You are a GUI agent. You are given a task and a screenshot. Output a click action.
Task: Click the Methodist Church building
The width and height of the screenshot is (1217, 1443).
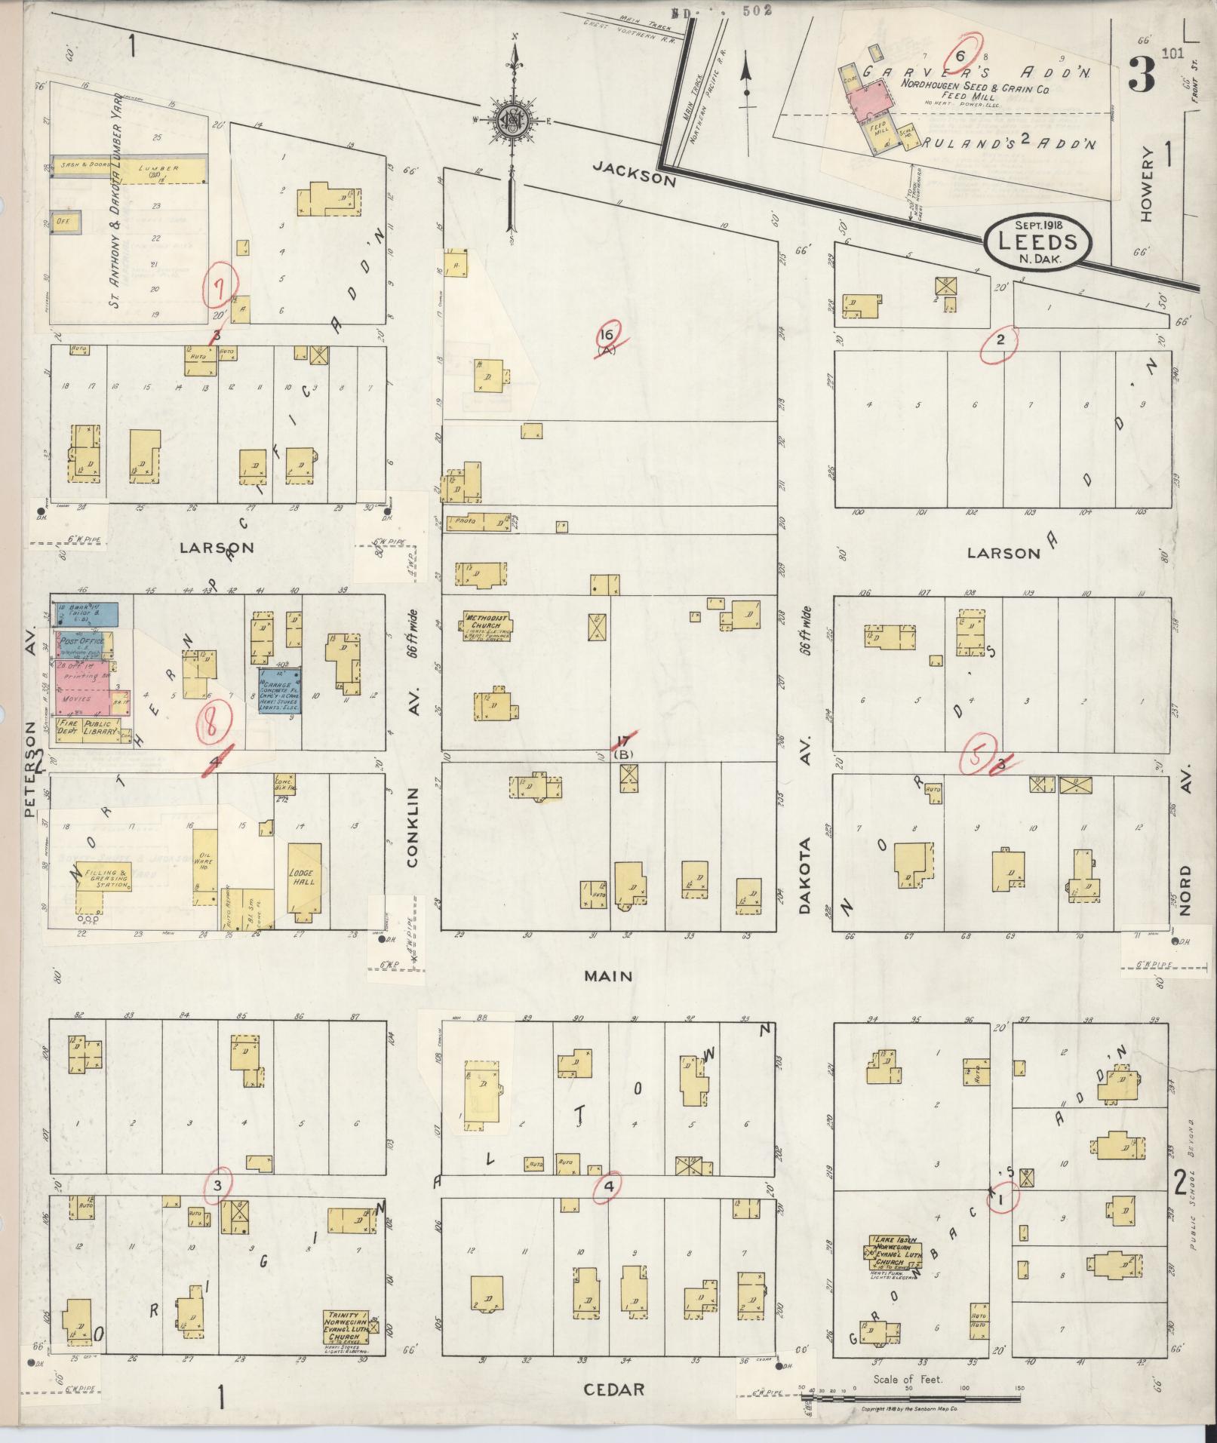[x=486, y=625]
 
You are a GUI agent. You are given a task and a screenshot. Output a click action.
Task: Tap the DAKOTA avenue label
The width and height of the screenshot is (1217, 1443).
[x=804, y=875]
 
